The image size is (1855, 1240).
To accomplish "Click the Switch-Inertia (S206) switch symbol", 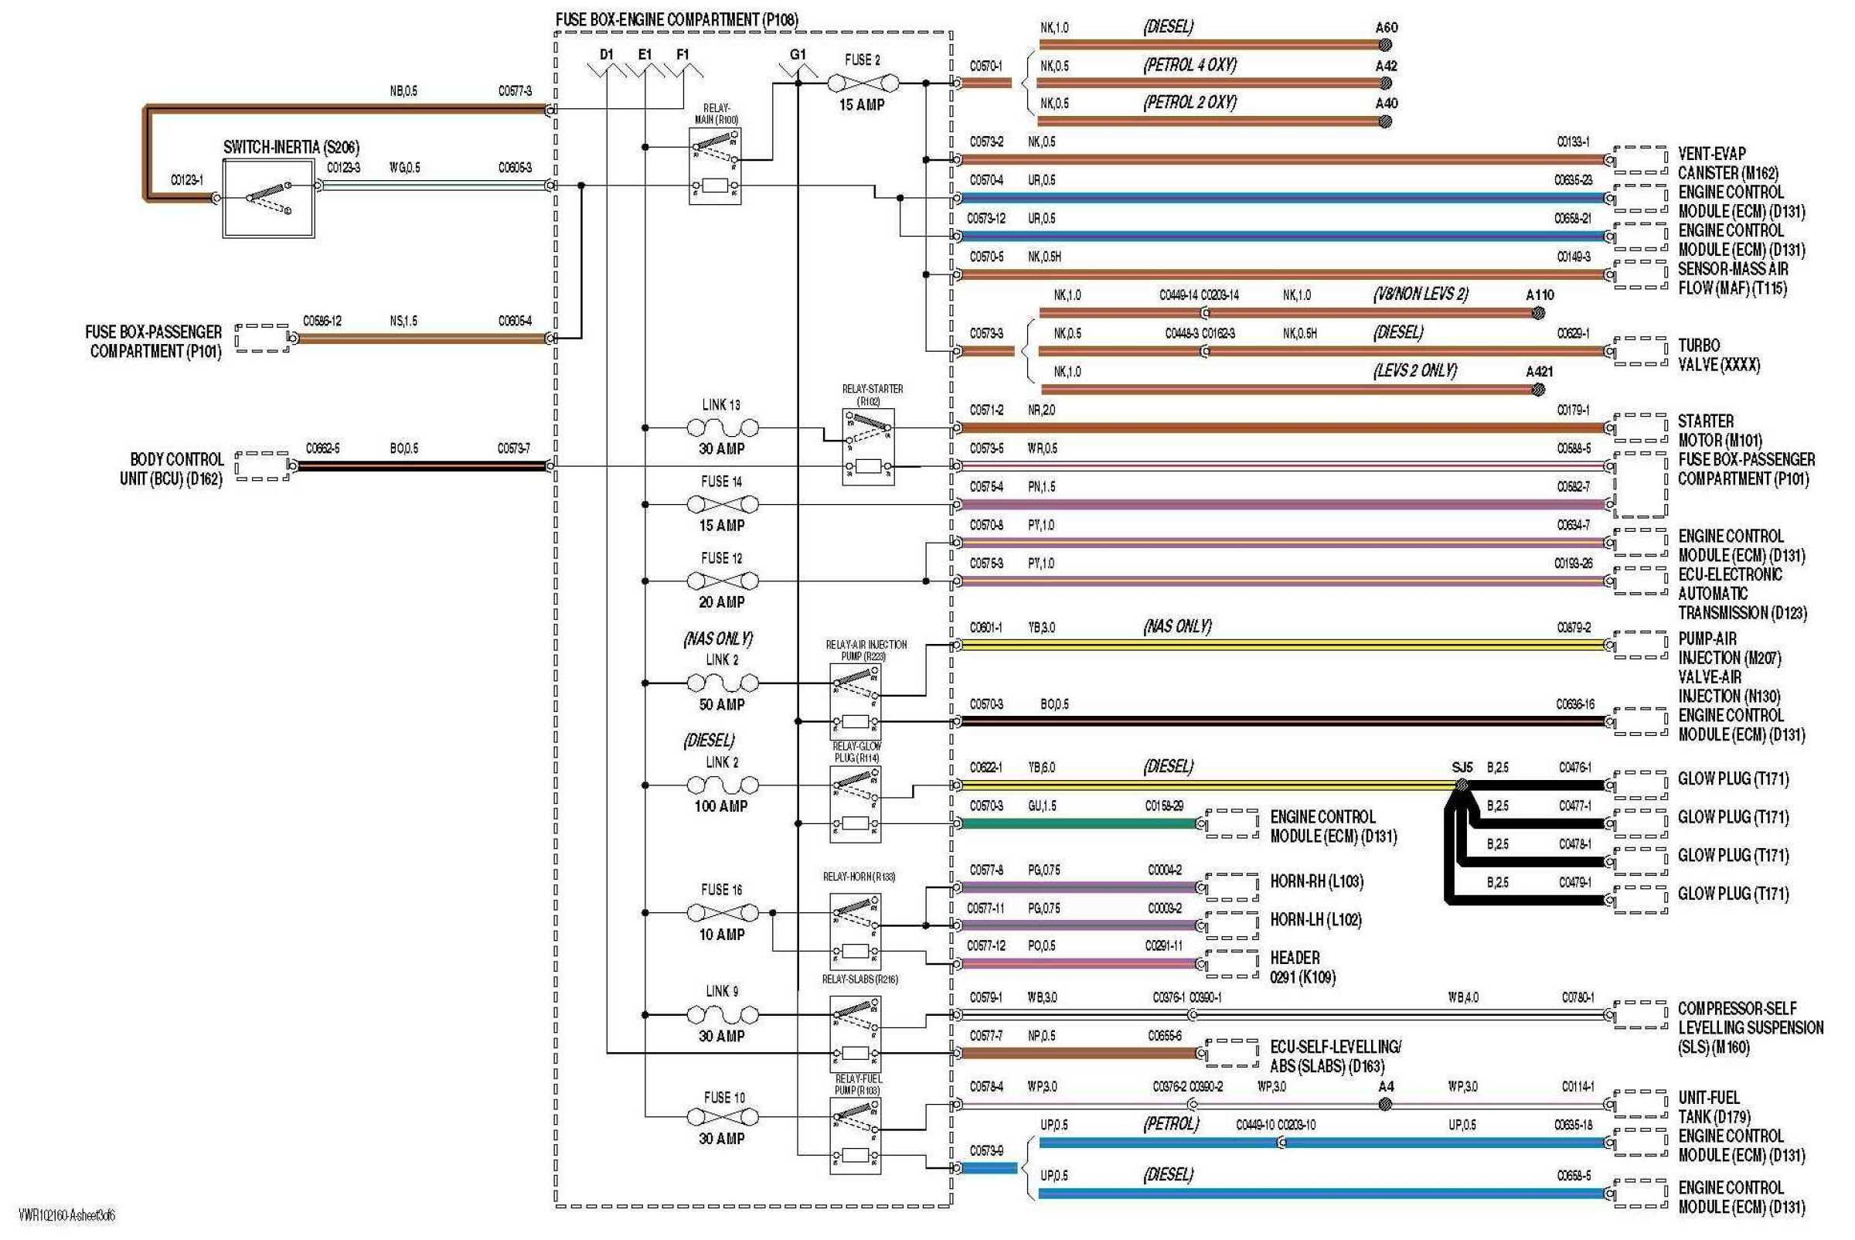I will (268, 199).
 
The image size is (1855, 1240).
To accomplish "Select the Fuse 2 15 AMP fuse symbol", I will (863, 82).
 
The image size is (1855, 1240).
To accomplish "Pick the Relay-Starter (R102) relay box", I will (868, 447).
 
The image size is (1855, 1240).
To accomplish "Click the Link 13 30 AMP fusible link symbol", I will (722, 428).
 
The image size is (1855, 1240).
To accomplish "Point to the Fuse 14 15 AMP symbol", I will (722, 504).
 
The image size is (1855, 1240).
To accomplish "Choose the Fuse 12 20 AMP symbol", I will (722, 581).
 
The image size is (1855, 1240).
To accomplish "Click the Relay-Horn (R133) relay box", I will (855, 931).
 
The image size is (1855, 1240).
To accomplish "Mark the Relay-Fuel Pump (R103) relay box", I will (855, 1136).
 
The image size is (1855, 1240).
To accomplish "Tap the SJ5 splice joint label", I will (1462, 767).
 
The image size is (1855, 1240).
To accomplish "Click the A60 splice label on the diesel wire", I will (1386, 28).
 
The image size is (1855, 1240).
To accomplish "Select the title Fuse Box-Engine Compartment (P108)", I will (676, 19).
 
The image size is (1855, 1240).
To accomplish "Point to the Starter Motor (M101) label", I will (1719, 430).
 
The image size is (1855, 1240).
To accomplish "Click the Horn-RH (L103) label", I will (1316, 881).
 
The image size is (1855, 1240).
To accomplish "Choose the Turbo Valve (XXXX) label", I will (1718, 355).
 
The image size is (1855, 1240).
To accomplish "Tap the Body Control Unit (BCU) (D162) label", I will (172, 469).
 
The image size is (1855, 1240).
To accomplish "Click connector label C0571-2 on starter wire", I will (986, 410).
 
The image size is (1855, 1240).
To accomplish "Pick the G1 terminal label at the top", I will (798, 55).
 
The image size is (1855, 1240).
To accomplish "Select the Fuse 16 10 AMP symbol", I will (722, 912).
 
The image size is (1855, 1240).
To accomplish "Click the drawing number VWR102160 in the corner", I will (66, 1215).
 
